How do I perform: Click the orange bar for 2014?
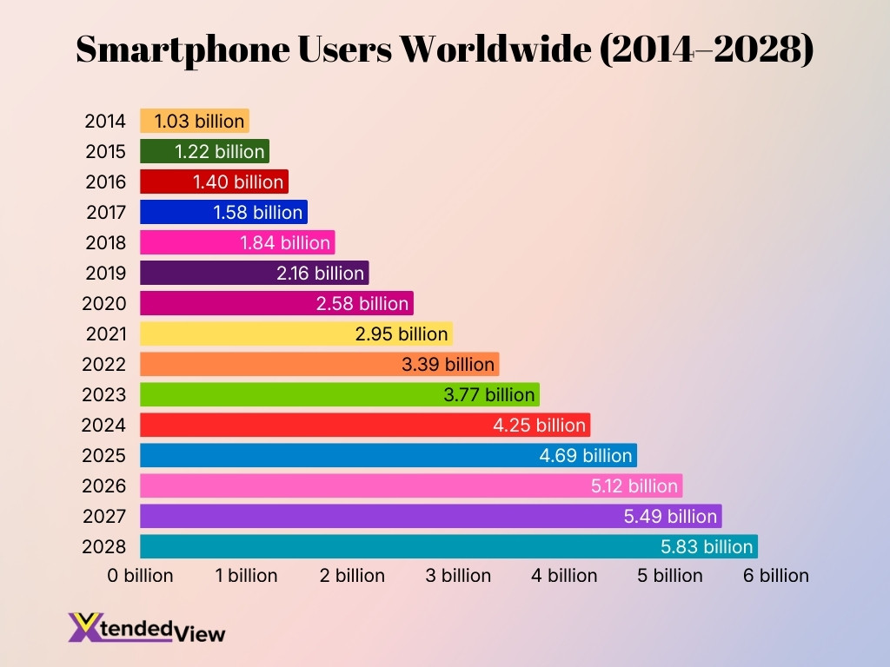[x=195, y=121]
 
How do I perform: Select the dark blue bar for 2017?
[x=223, y=212]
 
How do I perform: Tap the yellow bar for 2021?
[x=296, y=333]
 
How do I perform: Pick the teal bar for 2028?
[x=448, y=546]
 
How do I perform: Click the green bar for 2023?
[x=339, y=394]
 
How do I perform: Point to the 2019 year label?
[x=105, y=273]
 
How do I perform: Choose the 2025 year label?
[x=104, y=455]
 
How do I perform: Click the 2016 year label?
[x=105, y=182]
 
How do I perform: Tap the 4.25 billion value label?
[x=539, y=425]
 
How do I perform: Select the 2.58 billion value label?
[x=362, y=303]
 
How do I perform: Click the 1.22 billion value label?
[x=219, y=151]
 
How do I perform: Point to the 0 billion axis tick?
[x=140, y=575]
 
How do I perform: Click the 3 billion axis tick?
[x=458, y=575]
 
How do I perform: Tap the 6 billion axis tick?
[x=775, y=575]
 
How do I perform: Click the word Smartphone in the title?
[x=189, y=50]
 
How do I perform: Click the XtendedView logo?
[x=146, y=628]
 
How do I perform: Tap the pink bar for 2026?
[x=410, y=485]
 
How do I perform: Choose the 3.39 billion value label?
[x=448, y=364]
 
